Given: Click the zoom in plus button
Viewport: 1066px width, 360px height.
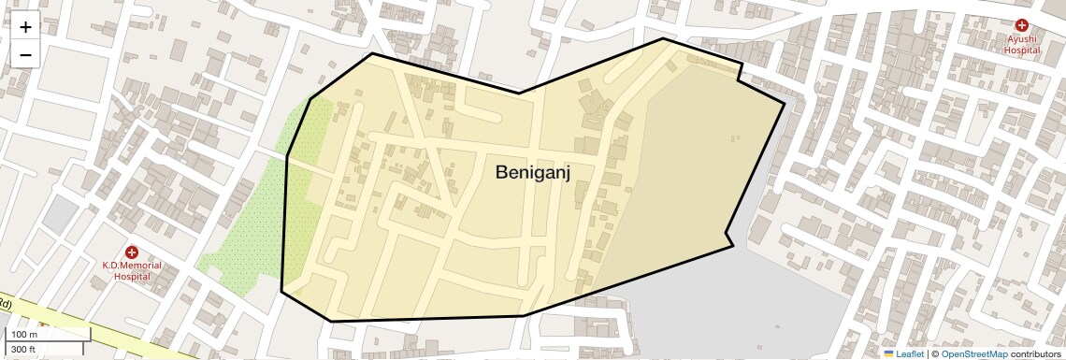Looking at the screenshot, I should click(25, 27).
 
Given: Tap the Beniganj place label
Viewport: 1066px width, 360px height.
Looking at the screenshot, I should click(532, 172).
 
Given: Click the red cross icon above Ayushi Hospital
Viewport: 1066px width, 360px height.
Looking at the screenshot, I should click(1022, 25).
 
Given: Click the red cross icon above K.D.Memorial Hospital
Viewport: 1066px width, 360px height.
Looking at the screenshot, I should click(132, 252).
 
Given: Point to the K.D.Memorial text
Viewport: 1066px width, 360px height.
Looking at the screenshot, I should click(132, 266).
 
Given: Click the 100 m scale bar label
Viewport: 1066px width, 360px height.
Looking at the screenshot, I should click(24, 335).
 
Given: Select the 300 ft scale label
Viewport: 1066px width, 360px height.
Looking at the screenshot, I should click(23, 350).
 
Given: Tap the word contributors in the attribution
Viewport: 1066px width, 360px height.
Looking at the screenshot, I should click(1036, 353).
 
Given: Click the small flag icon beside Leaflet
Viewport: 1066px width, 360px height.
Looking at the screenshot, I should click(888, 353).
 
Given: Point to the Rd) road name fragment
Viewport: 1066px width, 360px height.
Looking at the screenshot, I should click(6, 305).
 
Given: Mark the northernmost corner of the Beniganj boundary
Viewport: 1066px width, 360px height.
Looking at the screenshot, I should click(664, 38).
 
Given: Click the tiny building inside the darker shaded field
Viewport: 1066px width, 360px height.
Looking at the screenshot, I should click(734, 138).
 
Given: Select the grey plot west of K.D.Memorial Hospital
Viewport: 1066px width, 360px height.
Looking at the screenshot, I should click(60, 214).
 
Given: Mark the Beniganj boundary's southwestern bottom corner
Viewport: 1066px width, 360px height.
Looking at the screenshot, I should click(332, 321).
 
